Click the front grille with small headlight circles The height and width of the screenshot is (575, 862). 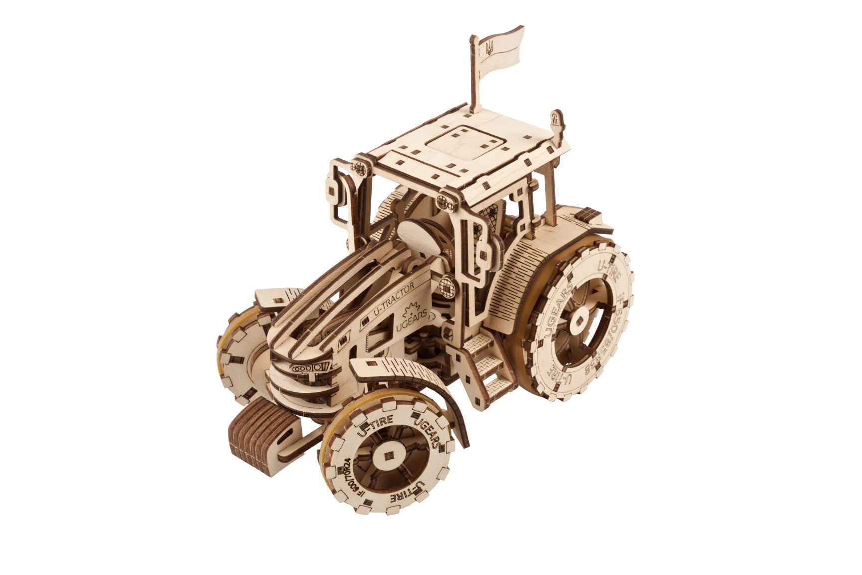click(310, 368)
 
